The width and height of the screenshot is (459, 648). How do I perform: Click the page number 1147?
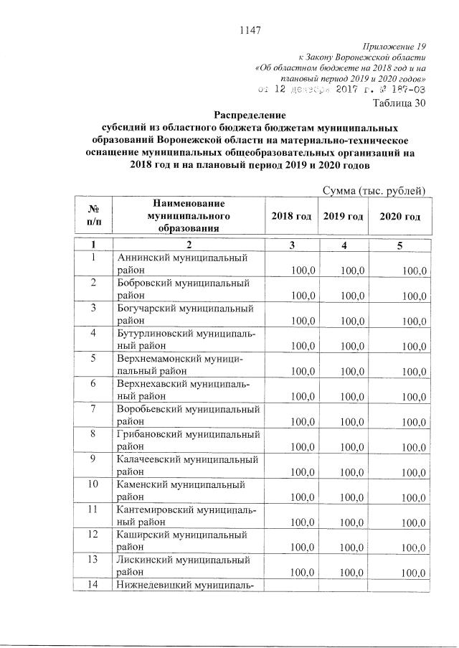point(247,30)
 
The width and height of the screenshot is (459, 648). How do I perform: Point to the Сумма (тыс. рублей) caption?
point(374,190)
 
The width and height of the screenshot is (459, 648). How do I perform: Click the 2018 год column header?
point(291,217)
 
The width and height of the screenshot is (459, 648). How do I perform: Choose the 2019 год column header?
point(343,217)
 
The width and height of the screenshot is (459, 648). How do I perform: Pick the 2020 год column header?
point(400,217)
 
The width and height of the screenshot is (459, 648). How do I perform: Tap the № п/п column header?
point(93,216)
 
